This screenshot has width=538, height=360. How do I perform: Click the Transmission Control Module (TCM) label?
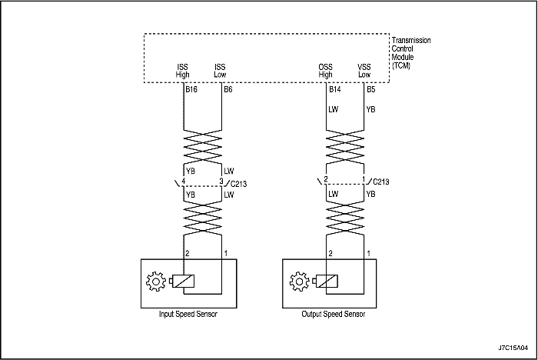click(x=411, y=53)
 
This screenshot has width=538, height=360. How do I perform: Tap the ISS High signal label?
click(x=183, y=71)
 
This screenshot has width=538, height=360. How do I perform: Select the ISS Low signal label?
click(x=220, y=71)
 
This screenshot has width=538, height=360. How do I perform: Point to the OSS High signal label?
click(x=325, y=71)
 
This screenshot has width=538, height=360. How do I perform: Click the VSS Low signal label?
click(x=364, y=71)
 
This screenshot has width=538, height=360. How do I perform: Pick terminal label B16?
click(x=191, y=90)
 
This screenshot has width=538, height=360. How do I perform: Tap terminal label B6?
click(x=228, y=90)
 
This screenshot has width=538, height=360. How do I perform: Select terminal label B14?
click(x=335, y=90)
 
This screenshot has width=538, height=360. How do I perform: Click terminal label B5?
click(x=371, y=90)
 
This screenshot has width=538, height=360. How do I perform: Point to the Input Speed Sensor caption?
click(x=188, y=314)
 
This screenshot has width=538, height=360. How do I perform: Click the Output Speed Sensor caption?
click(x=333, y=314)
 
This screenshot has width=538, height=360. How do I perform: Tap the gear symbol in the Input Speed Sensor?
click(x=156, y=282)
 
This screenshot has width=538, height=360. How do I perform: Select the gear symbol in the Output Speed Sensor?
click(x=299, y=282)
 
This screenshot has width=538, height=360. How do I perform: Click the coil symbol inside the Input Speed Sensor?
click(x=182, y=282)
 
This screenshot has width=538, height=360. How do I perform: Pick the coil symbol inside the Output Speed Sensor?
click(x=326, y=282)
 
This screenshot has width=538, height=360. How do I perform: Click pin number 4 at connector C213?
click(x=184, y=181)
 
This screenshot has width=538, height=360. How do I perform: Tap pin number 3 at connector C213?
click(x=221, y=181)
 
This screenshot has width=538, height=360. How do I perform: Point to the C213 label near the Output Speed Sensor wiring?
click(x=381, y=182)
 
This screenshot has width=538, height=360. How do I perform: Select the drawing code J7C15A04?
click(x=513, y=348)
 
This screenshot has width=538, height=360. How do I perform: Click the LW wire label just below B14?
click(x=333, y=109)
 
